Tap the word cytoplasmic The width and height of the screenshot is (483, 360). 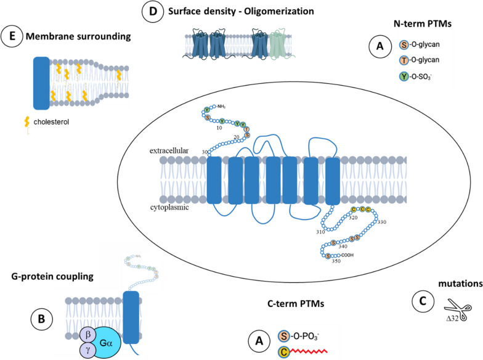point(164,208)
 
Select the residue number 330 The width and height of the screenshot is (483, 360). point(381,221)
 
